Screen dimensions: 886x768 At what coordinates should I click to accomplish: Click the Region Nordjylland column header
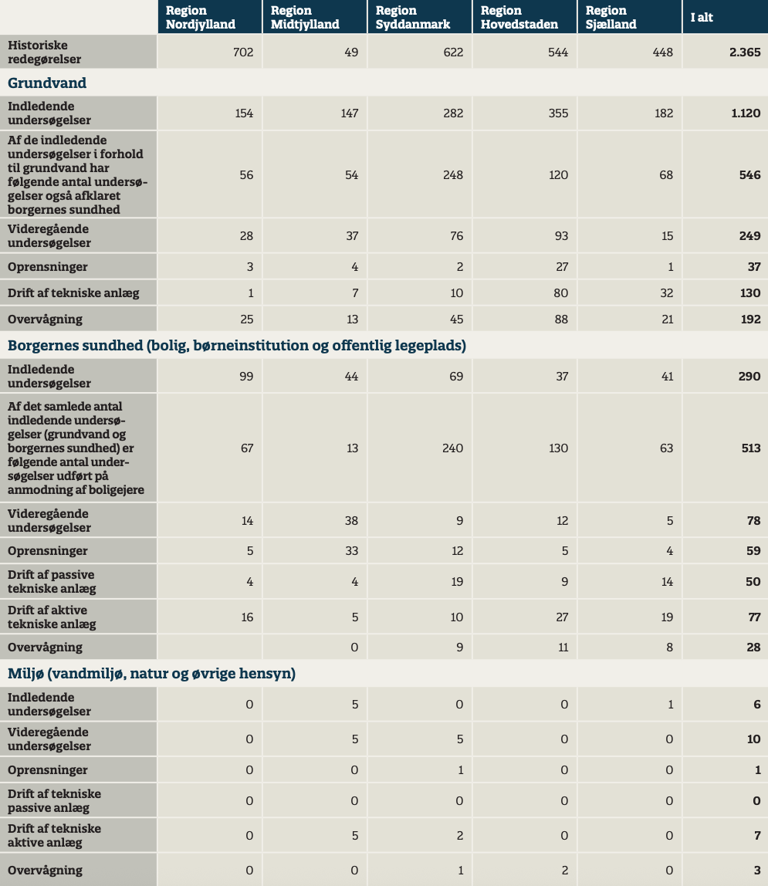(201, 17)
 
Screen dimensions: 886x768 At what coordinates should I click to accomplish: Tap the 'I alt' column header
(701, 17)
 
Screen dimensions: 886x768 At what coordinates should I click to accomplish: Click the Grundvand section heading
(47, 83)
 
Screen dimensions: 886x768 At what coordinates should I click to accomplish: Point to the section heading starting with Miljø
(151, 674)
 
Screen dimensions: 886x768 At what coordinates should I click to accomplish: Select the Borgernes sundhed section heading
(237, 346)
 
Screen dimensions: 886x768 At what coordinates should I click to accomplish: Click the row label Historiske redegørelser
(45, 52)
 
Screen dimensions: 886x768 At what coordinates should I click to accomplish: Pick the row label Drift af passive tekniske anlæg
(52, 581)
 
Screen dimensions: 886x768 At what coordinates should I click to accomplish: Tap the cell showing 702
(242, 52)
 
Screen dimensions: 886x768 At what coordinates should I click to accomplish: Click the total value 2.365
(745, 52)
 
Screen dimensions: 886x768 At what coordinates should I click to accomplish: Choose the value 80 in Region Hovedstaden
(561, 293)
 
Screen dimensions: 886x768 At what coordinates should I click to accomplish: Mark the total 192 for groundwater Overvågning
(749, 319)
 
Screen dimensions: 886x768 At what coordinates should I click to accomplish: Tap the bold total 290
(749, 377)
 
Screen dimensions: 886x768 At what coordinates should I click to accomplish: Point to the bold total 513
(750, 448)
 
